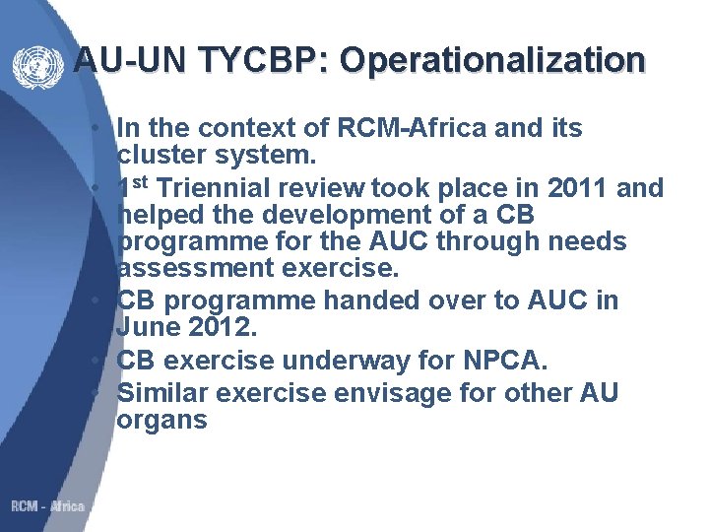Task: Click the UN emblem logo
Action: [x=37, y=66]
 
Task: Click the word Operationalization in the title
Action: [x=492, y=61]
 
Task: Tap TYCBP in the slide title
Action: [x=259, y=61]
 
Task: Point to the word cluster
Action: [x=160, y=156]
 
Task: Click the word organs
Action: [x=161, y=421]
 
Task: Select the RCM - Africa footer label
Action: [x=47, y=506]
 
